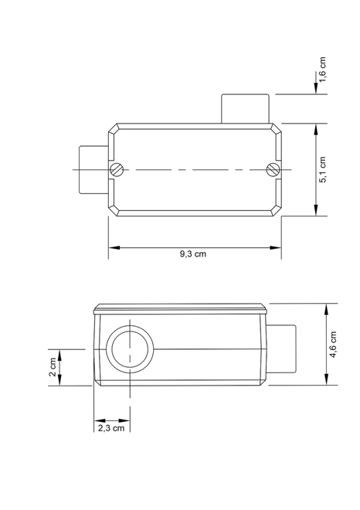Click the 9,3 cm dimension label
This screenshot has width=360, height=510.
pos(193,253)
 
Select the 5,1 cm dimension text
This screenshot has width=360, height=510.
pos(322,170)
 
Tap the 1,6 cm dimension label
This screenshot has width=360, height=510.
pos(322,70)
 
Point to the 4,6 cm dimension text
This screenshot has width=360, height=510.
pos(333,345)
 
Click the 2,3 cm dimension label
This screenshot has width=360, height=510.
pos(111,428)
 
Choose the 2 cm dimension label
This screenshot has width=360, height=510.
pos(53,367)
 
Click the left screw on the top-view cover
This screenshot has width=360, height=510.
pos(117,169)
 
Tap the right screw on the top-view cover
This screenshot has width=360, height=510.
pos(273,169)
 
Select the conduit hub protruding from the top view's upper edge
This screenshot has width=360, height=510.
pos(245,109)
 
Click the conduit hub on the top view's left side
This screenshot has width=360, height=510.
pos(94,169)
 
